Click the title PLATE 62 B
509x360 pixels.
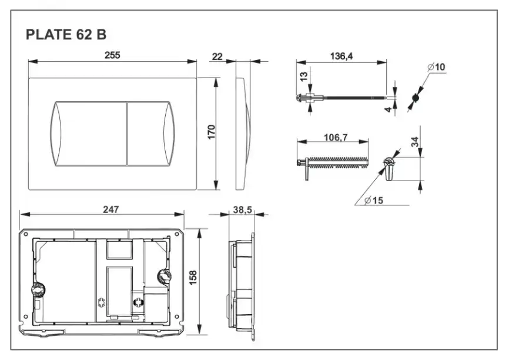66,35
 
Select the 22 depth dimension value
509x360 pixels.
217,56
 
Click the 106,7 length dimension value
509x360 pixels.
336,137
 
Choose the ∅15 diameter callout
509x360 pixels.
373,201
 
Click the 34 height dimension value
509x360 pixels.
414,142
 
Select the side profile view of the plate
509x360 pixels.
242,133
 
